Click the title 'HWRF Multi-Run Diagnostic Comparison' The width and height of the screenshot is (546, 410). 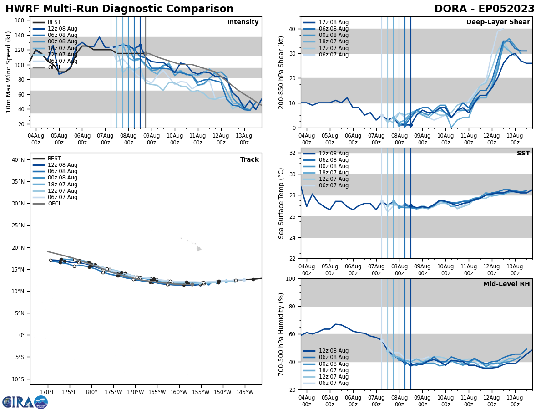(119, 9)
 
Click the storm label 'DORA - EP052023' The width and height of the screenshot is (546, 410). (485, 9)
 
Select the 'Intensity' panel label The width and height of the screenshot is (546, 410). (243, 22)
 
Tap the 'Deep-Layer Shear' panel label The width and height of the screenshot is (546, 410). (498, 22)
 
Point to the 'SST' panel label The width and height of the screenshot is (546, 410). (523, 154)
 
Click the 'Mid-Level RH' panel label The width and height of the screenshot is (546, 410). (506, 284)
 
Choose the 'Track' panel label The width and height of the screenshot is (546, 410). (249, 160)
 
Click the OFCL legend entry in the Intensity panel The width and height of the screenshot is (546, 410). (54, 67)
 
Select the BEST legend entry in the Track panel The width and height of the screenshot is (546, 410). (54, 159)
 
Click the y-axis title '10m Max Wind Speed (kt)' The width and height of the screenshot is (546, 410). (9, 72)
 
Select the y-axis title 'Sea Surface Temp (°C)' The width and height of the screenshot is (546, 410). (281, 203)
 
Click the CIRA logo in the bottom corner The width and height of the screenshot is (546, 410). (25, 402)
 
